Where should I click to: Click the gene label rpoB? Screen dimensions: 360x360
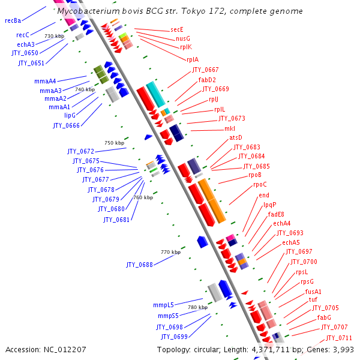click(x=254, y=175)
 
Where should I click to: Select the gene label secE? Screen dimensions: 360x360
click(x=176, y=29)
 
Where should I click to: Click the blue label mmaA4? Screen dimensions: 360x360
click(x=45, y=81)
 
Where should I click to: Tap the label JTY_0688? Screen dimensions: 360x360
click(x=139, y=265)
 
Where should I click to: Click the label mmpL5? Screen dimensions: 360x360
click(x=162, y=305)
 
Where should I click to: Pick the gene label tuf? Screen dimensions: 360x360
click(x=313, y=299)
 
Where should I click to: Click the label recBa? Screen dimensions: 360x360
click(x=13, y=20)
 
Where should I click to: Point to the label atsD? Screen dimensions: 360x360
click(x=236, y=137)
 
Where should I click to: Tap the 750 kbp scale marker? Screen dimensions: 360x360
click(x=114, y=143)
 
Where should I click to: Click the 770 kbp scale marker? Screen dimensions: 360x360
click(x=170, y=252)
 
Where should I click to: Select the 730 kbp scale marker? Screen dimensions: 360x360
click(x=54, y=36)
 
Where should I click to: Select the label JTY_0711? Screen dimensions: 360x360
click(x=339, y=337)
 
